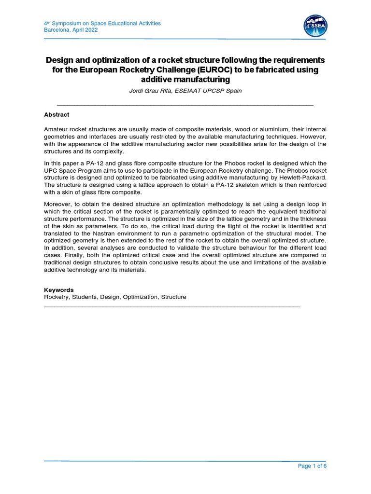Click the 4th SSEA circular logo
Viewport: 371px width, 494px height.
click(x=314, y=27)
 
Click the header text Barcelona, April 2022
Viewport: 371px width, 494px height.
click(x=71, y=29)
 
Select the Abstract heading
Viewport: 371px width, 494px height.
click(x=57, y=115)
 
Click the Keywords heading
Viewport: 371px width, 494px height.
click(x=59, y=290)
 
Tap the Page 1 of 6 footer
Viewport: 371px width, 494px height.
click(x=313, y=466)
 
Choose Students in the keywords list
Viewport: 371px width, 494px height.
click(x=84, y=297)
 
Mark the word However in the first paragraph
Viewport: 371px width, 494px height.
click(x=314, y=137)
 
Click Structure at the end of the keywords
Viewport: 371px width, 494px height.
click(x=173, y=297)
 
